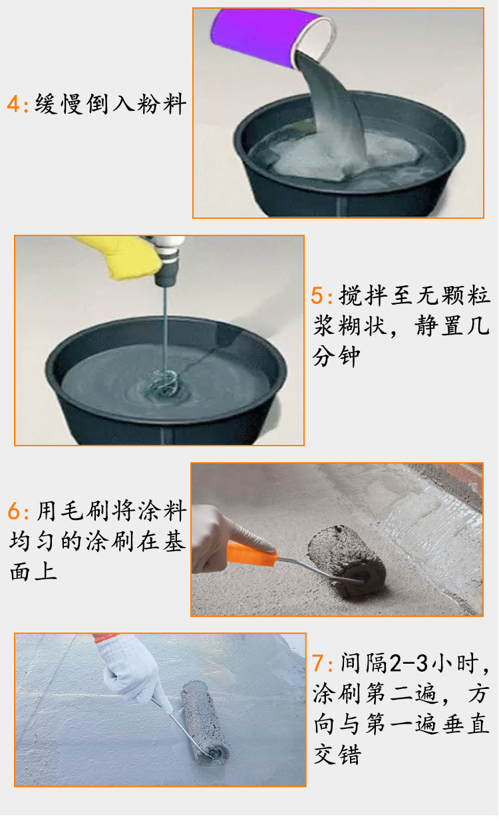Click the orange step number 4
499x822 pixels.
tap(13, 104)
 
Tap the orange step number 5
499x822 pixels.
tap(317, 296)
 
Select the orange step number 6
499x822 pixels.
tap(14, 511)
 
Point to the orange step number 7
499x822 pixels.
tap(318, 664)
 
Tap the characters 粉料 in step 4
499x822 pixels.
tap(162, 104)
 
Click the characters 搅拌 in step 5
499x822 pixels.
tap(363, 296)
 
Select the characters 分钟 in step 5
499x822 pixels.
tap(337, 356)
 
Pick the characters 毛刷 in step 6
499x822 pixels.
tap(85, 511)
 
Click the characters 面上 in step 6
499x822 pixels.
tap(33, 572)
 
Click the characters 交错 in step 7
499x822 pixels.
tap(337, 754)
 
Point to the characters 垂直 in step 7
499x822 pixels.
tap(466, 724)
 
